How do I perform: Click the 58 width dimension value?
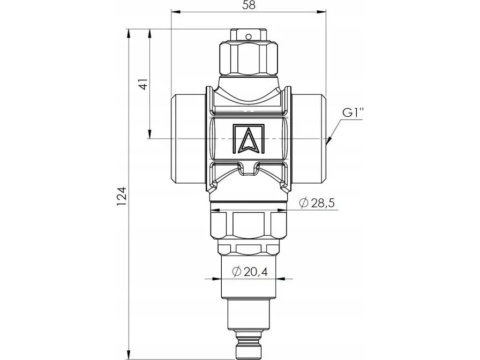click(x=249, y=5)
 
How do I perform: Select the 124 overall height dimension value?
click(x=122, y=196)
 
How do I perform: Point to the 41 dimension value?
click(x=144, y=84)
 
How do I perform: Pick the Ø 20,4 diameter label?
click(x=250, y=271)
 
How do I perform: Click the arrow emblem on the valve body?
click(x=248, y=139)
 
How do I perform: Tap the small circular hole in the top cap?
click(x=249, y=37)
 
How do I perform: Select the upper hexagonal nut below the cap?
click(x=249, y=59)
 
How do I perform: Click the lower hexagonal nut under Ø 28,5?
click(x=249, y=224)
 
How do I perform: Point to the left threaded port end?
click(x=187, y=139)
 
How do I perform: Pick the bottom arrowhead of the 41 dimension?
click(x=149, y=134)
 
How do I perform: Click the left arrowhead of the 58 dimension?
click(x=175, y=12)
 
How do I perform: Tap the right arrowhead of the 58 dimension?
click(x=321, y=12)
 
